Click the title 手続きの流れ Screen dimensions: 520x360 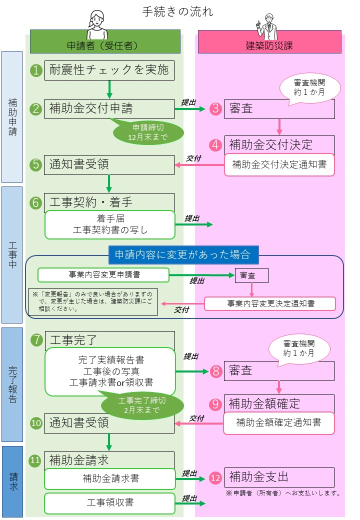tap(177, 11)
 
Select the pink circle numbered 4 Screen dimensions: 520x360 tap(215, 145)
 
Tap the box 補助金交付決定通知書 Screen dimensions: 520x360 tap(279, 164)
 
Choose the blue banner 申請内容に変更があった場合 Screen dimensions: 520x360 tap(183, 254)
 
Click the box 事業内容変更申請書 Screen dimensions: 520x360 tap(103, 275)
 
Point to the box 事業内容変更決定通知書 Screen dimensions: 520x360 tap(270, 303)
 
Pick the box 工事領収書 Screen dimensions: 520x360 tap(109, 501)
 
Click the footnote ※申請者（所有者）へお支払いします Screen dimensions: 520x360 tap(283, 493)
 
